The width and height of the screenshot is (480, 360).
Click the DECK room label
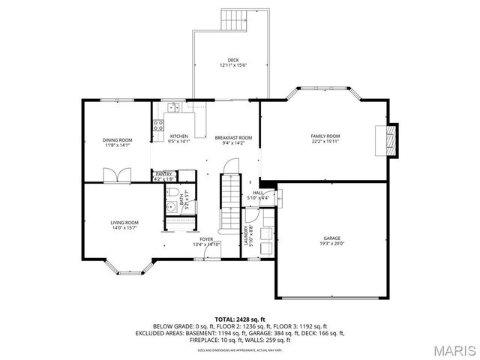[233, 60]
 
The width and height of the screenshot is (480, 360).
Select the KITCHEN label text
[178, 136]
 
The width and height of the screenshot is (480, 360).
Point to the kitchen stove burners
[159, 125]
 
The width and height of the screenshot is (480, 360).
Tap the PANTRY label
[163, 174]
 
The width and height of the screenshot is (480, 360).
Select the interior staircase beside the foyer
[228, 202]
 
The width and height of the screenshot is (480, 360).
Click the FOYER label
[206, 239]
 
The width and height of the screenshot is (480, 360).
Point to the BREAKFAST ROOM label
[233, 138]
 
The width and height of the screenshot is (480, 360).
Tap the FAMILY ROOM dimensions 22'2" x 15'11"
[325, 141]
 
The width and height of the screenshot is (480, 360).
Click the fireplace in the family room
[388, 139]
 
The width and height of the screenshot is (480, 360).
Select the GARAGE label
[331, 238]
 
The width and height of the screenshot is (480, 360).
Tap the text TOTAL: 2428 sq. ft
[239, 319]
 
